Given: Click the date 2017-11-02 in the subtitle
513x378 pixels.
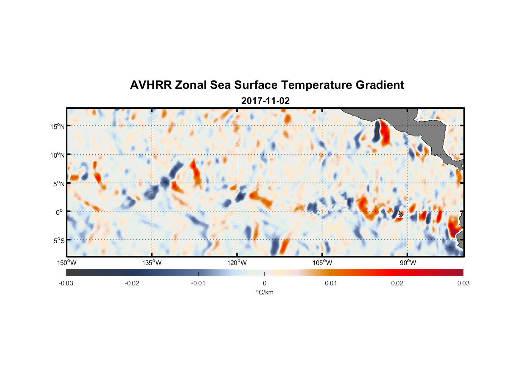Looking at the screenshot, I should [265, 101].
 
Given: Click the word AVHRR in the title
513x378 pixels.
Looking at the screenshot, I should [151, 85].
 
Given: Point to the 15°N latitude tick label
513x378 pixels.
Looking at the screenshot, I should [58, 126].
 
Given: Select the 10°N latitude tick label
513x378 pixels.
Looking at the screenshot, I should [58, 155].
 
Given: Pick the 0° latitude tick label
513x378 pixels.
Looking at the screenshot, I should [59, 212].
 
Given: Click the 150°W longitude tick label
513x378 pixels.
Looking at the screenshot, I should [67, 263].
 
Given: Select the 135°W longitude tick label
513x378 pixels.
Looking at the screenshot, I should [152, 263].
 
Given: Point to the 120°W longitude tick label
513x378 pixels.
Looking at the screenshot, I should [237, 263].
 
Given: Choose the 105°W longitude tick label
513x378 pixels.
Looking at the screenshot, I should [322, 263].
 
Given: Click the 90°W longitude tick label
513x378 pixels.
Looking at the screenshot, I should [408, 263].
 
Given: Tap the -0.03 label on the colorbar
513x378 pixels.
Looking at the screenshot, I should [66, 283].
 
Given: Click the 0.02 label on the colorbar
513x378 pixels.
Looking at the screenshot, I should [397, 283].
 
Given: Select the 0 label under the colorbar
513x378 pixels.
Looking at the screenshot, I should [264, 283].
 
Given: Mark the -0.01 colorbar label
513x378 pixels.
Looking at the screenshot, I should [198, 283].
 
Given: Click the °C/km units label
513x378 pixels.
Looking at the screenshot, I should [265, 292].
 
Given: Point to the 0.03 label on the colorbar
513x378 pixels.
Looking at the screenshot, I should [463, 283].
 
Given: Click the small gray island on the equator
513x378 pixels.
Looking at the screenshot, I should [400, 214].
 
